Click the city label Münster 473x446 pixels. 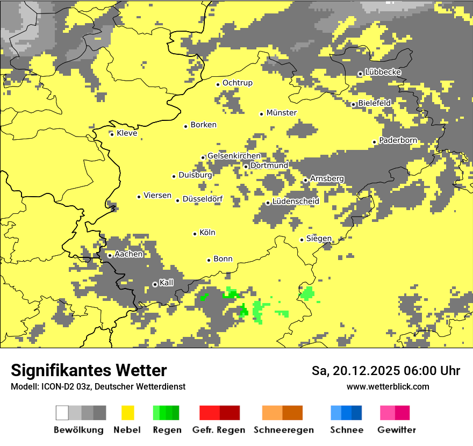[281, 113]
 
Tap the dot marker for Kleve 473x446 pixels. [112, 134]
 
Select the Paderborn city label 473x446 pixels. [398, 140]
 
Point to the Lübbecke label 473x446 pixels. [383, 72]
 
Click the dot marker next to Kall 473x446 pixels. [155, 284]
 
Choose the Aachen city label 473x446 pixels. [128, 254]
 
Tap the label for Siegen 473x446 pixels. [319, 239]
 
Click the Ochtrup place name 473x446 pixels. [237, 83]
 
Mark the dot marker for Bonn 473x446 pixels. [209, 260]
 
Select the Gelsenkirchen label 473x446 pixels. [234, 156]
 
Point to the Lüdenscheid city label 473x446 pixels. [296, 201]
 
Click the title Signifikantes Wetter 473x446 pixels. [89, 370]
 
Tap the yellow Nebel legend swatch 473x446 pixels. [128, 413]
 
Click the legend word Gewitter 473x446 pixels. [397, 430]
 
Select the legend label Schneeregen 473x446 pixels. [283, 430]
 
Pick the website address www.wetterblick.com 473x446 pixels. [388, 386]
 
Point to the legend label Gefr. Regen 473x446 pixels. [219, 430]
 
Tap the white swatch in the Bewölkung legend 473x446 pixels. [62, 413]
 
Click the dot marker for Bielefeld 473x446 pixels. [354, 105]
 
